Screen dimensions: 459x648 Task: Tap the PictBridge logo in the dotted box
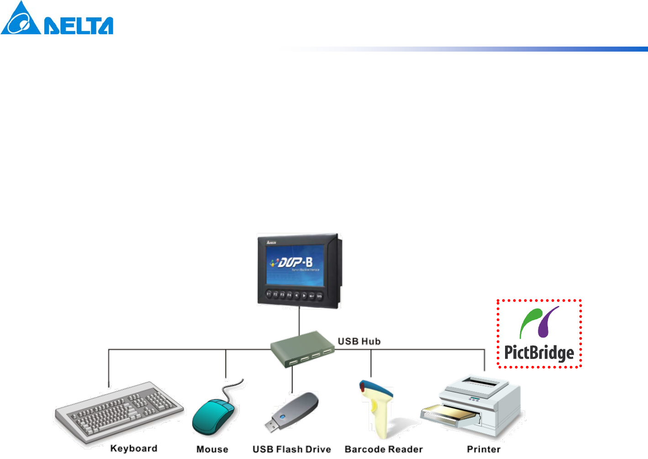539,334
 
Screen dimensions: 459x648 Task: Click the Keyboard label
133,448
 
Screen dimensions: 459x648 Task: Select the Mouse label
212,449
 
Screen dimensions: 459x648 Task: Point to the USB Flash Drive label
291,449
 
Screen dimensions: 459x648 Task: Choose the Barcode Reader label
384,449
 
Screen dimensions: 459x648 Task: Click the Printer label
483,449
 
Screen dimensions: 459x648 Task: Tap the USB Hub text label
359,341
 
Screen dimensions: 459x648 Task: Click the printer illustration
475,406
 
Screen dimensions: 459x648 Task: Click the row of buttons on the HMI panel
295,295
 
